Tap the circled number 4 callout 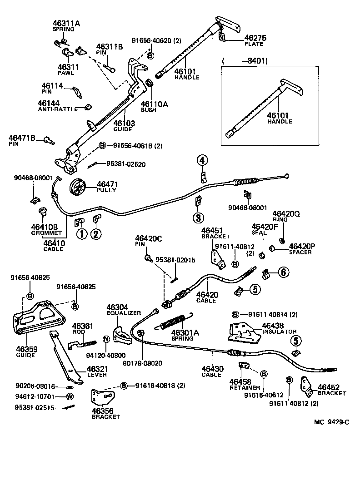202,160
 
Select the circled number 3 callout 198,218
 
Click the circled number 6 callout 283,272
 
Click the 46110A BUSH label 154,106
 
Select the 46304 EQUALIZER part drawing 120,335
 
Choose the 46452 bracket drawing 305,387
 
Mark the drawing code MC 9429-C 331,422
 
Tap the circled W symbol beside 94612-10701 70,396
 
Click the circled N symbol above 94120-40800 105,339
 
